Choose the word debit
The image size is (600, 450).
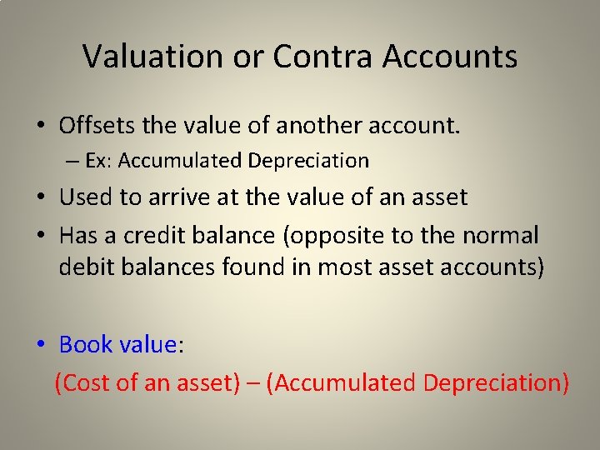(x=85, y=267)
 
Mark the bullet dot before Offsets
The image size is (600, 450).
(x=40, y=127)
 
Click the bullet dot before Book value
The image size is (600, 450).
(x=40, y=345)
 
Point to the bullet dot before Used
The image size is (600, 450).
(x=40, y=198)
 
